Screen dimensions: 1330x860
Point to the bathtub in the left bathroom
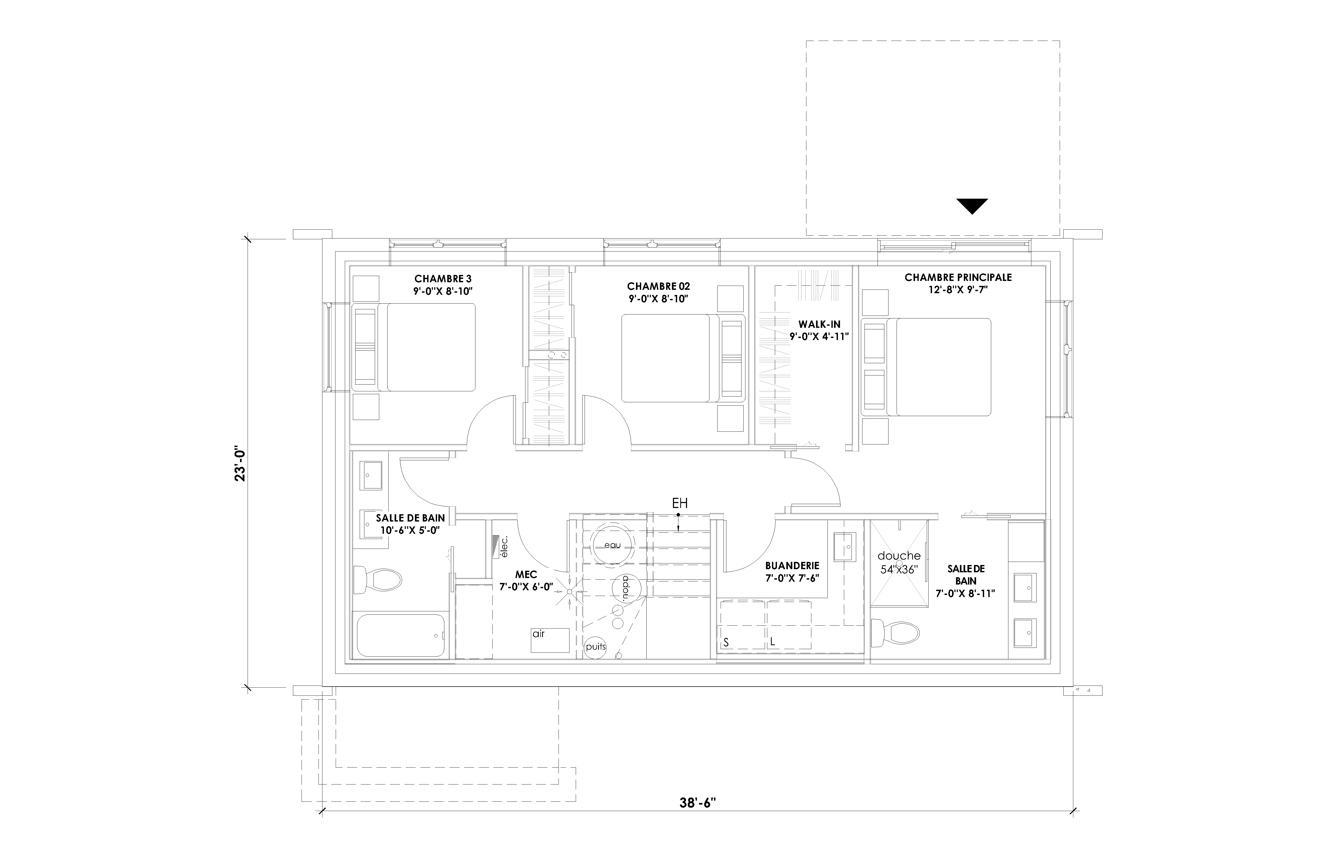[x=401, y=636]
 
